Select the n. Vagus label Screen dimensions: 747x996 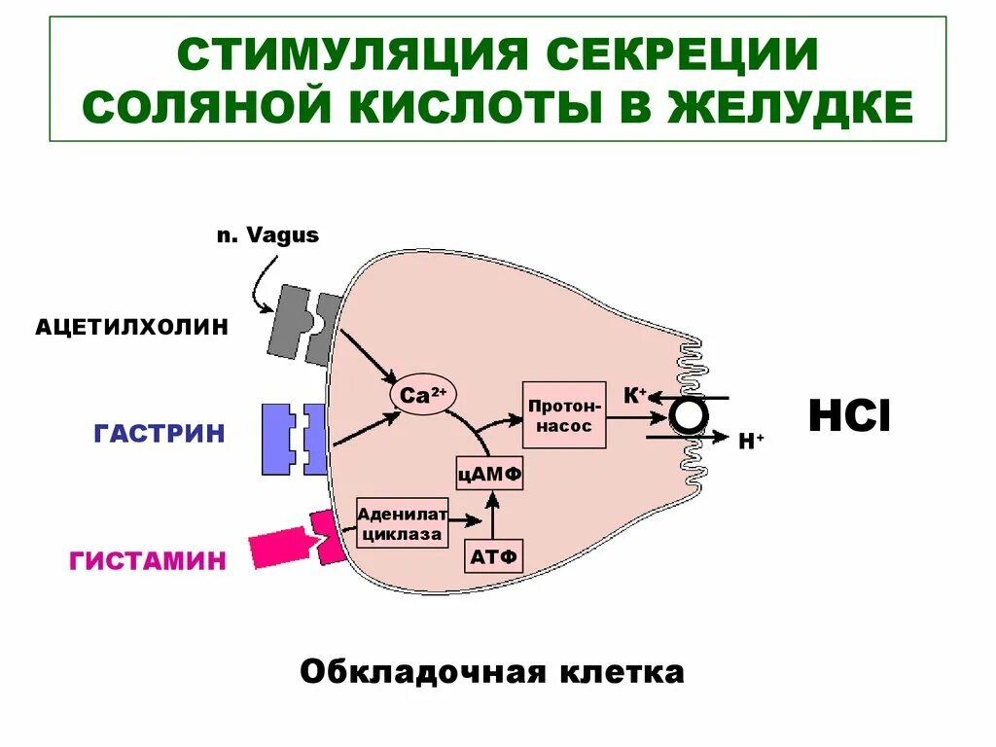point(267,235)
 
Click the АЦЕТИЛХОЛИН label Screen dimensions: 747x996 point(132,327)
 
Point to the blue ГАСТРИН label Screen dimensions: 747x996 point(160,433)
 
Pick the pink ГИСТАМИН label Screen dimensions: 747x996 point(148,560)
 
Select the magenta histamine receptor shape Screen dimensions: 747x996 point(297,542)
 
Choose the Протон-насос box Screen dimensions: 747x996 point(564,414)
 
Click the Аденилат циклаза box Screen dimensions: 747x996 point(403,522)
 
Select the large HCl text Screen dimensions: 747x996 point(849,417)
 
